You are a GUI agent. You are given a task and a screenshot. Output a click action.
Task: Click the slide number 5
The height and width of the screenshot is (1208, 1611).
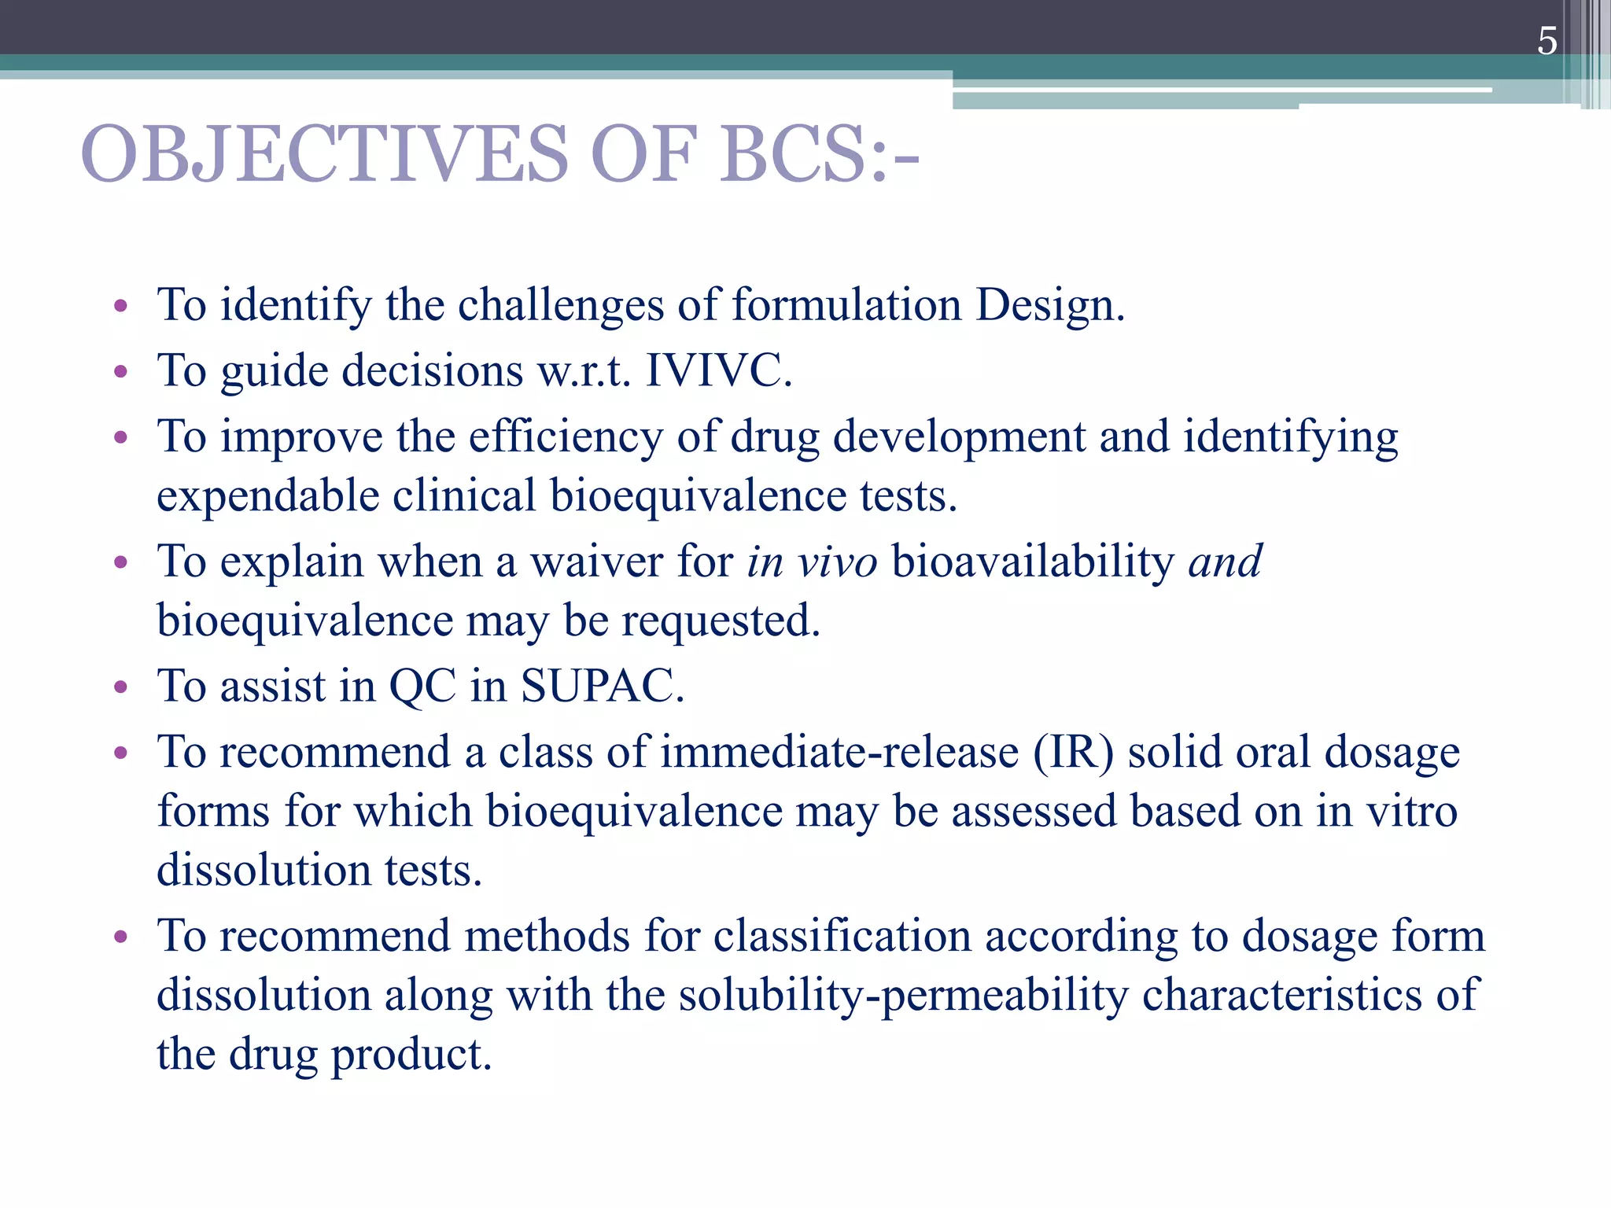[x=1546, y=41]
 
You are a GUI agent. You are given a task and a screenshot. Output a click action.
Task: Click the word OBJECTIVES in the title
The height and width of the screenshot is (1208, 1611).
[x=324, y=154]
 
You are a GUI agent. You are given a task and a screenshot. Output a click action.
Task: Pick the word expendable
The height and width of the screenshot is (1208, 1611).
[x=267, y=497]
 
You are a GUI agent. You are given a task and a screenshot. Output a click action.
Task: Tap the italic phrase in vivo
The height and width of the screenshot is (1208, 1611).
[x=811, y=562]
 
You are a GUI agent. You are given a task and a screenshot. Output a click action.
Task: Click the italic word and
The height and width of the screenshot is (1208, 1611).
[x=1225, y=562]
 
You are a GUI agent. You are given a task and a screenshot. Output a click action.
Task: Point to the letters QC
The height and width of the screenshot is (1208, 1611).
[x=422, y=686]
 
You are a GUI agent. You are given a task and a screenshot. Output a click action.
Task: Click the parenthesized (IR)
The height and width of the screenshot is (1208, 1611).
[x=1073, y=752]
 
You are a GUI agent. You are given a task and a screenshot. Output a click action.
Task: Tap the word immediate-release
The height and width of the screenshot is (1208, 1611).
[x=839, y=752]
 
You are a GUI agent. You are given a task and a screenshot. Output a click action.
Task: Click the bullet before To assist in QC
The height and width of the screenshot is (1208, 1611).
[x=120, y=688]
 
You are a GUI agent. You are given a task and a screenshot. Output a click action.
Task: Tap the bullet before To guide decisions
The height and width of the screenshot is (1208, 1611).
[x=120, y=372]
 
